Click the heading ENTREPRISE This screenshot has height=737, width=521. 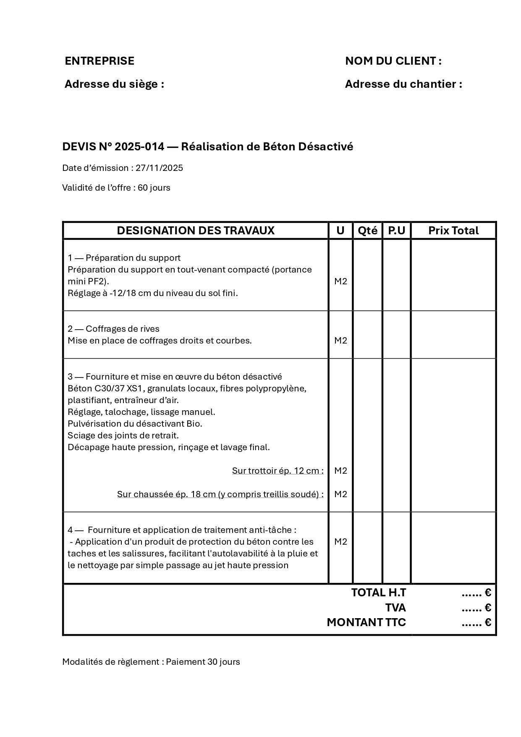[x=99, y=61]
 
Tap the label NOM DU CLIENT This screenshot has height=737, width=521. [x=393, y=61]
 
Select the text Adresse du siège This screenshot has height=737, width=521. [x=114, y=84]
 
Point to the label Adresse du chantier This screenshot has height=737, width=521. [x=403, y=84]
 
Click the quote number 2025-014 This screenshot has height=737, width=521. [x=139, y=147]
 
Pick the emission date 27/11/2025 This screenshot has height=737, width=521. [x=159, y=168]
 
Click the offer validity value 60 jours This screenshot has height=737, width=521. [x=154, y=188]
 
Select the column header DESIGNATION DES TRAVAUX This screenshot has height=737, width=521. [x=196, y=231]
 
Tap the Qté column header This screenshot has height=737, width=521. [x=367, y=231]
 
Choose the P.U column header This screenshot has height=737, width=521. [x=396, y=231]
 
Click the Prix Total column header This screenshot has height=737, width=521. [x=453, y=231]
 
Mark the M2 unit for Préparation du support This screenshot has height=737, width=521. [x=340, y=281]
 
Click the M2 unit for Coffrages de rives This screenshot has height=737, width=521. [x=340, y=341]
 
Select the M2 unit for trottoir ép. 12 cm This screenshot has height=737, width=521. [x=340, y=471]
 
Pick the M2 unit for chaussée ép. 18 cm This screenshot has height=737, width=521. [x=340, y=494]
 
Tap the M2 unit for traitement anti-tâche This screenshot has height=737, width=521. [x=340, y=542]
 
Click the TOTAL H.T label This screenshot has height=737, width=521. [x=379, y=593]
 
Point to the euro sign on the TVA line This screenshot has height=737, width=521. [x=487, y=608]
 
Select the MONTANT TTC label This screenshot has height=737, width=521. [x=367, y=622]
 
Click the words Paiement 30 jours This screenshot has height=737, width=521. [x=203, y=662]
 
